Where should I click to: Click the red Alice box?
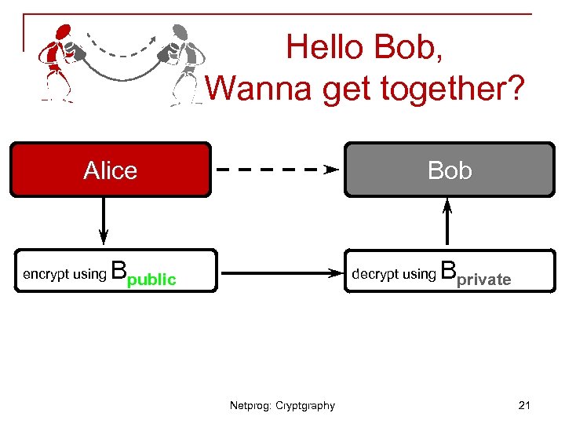point(110,169)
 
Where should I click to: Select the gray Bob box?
point(450,169)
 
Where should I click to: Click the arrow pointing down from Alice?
point(104,221)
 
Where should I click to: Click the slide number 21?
point(525,405)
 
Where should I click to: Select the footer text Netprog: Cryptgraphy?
point(282,406)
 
